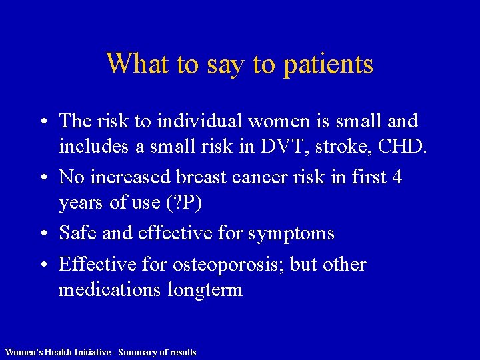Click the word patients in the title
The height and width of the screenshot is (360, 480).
[328, 65]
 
